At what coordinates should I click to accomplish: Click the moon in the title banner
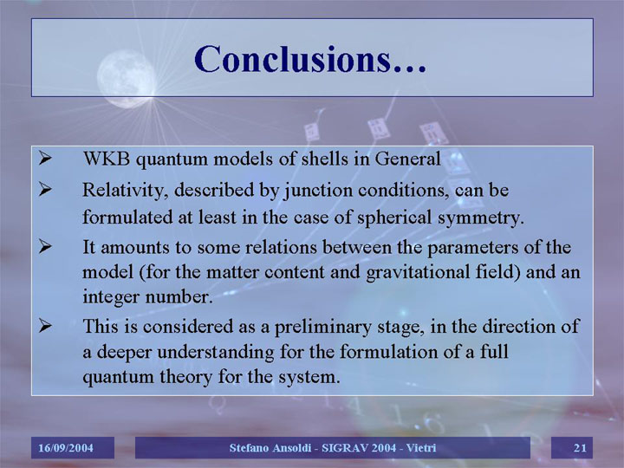pyautogui.click(x=127, y=79)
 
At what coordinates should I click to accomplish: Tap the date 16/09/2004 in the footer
pyautogui.click(x=66, y=448)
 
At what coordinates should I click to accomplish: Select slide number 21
pyautogui.click(x=580, y=448)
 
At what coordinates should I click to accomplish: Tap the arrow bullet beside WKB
pyautogui.click(x=45, y=158)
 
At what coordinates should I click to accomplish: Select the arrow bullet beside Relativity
pyautogui.click(x=45, y=189)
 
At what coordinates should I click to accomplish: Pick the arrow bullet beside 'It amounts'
pyautogui.click(x=45, y=246)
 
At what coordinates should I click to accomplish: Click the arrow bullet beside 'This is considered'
pyautogui.click(x=45, y=326)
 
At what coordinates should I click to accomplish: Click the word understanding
pyautogui.click(x=216, y=353)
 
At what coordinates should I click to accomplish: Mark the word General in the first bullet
pyautogui.click(x=408, y=159)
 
